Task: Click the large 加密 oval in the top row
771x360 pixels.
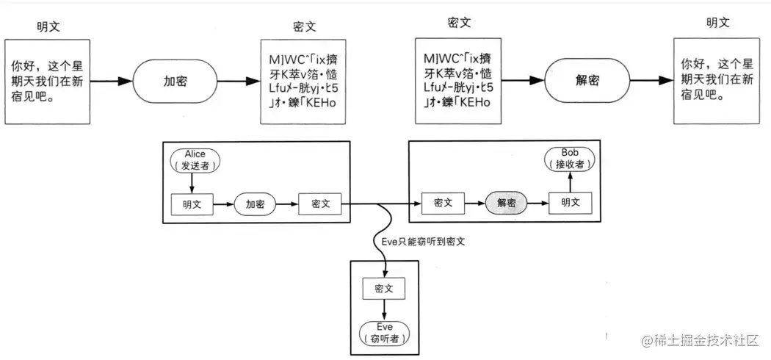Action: [175, 81]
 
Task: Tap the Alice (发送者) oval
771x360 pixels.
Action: [195, 159]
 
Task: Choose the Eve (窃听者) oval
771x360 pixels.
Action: [385, 333]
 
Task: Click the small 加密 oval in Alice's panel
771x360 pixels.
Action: [255, 204]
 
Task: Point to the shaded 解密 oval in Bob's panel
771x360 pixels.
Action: [507, 203]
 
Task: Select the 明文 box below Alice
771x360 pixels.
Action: [192, 204]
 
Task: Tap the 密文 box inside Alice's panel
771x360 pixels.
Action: [319, 204]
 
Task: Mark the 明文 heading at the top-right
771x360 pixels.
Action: [717, 23]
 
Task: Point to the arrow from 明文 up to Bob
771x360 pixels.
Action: [570, 182]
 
